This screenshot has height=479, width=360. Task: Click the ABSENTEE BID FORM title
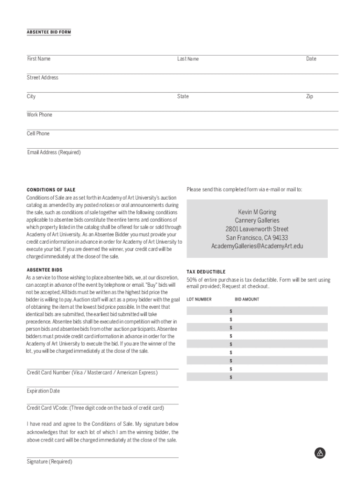pos(49,32)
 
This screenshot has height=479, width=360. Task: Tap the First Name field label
pos(38,59)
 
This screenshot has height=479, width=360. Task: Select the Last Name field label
pos(188,59)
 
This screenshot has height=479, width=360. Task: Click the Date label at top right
pos(311,59)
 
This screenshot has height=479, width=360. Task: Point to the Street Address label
pos(43,78)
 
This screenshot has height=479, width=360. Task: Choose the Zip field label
pos(310,96)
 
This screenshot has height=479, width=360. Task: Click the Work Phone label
pos(40,115)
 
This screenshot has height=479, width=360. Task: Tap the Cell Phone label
pos(38,133)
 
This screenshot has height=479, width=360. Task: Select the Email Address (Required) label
pos(54,152)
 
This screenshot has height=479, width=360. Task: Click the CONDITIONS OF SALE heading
pos(51,190)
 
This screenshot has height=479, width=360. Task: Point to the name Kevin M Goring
pos(257,212)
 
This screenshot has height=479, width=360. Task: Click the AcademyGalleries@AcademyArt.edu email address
pos(257,246)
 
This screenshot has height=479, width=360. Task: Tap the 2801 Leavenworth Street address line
pos(257,229)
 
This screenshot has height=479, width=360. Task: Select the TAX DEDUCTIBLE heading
pos(206,272)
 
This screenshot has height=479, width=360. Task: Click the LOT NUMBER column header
pos(199,299)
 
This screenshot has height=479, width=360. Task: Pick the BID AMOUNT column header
pos(247,299)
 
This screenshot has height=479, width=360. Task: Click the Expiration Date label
pos(43,391)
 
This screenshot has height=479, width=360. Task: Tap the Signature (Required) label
pos(50,462)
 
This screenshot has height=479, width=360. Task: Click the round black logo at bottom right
pos(320,453)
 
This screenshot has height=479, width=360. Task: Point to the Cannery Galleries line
pos(257,220)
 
